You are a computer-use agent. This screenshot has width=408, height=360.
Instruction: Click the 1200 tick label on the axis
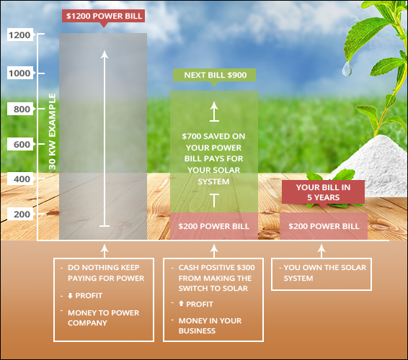tap(20, 35)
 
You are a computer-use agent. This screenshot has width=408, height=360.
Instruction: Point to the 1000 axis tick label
tap(20, 73)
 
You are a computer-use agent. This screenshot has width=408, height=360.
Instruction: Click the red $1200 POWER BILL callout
tap(103, 16)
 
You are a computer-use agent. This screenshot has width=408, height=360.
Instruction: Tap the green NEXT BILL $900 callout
tap(214, 76)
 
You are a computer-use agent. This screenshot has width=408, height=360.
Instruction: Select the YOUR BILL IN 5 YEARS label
tap(323, 192)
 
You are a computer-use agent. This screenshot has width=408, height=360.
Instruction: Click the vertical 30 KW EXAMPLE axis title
tap(53, 132)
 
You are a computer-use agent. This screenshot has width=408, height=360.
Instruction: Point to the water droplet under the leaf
tap(346, 69)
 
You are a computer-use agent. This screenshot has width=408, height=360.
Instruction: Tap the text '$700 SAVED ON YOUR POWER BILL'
tap(213, 148)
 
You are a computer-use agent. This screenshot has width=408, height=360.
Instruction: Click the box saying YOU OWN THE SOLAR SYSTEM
tap(321, 274)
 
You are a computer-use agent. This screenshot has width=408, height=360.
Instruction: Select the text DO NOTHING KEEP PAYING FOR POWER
tap(106, 273)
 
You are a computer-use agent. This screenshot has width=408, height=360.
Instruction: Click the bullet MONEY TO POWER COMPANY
tap(103, 318)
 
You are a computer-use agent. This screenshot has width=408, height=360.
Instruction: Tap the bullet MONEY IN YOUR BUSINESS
tap(210, 325)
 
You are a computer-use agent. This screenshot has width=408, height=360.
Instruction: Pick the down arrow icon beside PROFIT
tap(70, 296)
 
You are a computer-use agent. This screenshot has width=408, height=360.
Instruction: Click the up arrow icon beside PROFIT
tap(182, 303)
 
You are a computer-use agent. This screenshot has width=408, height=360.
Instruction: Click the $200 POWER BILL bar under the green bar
tap(214, 226)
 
